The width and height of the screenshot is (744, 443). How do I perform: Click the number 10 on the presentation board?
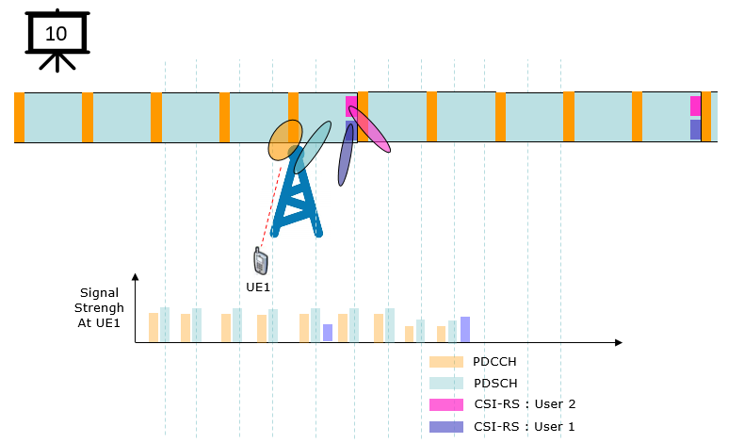click(x=56, y=34)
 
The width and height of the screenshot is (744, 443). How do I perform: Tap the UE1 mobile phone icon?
click(x=261, y=261)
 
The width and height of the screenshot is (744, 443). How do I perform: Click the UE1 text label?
click(x=258, y=287)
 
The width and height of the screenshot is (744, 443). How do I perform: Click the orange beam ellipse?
click(x=285, y=140)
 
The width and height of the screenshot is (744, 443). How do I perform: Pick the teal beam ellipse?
click(x=313, y=148)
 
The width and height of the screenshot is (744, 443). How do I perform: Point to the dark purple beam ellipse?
click(x=346, y=155)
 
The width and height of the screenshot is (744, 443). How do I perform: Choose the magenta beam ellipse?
click(x=369, y=129)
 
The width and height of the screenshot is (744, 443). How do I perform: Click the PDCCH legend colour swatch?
click(x=446, y=362)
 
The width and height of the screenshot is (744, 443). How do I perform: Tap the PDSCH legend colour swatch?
click(x=446, y=384)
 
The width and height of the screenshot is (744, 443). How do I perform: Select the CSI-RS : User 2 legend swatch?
click(x=446, y=404)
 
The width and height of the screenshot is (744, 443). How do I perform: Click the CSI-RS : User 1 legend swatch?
click(x=446, y=426)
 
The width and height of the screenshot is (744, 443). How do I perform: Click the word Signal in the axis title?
click(x=99, y=293)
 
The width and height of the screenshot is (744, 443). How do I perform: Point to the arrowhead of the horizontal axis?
click(x=618, y=342)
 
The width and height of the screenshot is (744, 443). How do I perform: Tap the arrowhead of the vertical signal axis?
click(x=136, y=277)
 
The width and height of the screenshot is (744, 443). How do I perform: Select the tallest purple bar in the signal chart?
click(x=465, y=330)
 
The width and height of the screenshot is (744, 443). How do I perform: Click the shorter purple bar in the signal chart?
click(x=328, y=333)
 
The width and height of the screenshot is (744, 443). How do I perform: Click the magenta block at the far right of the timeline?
click(x=696, y=106)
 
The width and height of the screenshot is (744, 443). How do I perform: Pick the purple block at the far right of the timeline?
click(x=696, y=130)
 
